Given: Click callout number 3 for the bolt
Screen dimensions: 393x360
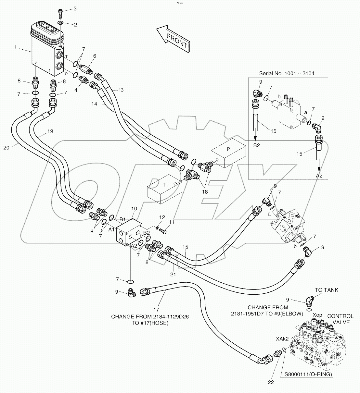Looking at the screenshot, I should tap(75, 8).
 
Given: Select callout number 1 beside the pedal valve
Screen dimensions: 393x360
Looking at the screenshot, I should tap(15, 47).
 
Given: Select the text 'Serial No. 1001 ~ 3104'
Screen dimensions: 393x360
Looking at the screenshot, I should tap(286, 73).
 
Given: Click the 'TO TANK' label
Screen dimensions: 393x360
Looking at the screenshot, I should tap(326, 290).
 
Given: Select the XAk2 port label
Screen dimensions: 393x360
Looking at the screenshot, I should tap(282, 338).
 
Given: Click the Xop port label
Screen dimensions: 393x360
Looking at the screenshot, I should tap(317, 315).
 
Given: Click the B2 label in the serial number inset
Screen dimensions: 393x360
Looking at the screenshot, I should tap(257, 145).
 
